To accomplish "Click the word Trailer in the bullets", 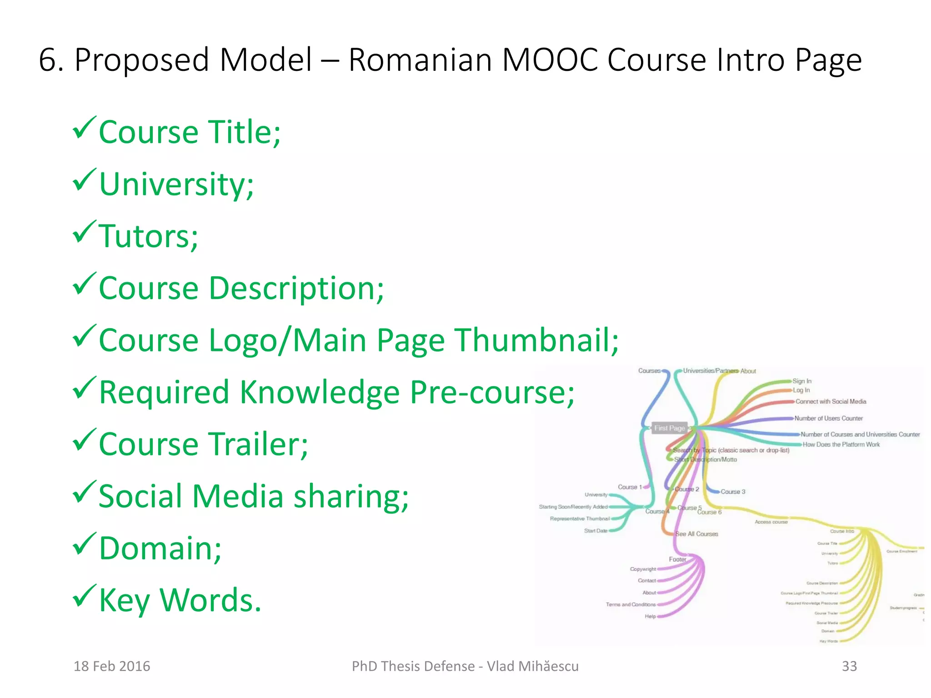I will pyautogui.click(x=260, y=444).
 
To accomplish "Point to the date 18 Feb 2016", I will pyautogui.click(x=112, y=666).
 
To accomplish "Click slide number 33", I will pyautogui.click(x=849, y=666).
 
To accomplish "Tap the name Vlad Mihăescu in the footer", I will pyautogui.click(x=533, y=666).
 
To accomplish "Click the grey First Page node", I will pyautogui.click(x=669, y=428).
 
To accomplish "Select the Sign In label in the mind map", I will pyautogui.click(x=802, y=381).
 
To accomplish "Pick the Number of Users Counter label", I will pyautogui.click(x=828, y=419).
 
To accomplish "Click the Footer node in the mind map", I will pyautogui.click(x=677, y=559).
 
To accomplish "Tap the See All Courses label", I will pyautogui.click(x=696, y=534).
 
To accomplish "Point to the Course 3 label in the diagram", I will pyautogui.click(x=733, y=492).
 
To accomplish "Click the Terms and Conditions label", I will pyautogui.click(x=631, y=605).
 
